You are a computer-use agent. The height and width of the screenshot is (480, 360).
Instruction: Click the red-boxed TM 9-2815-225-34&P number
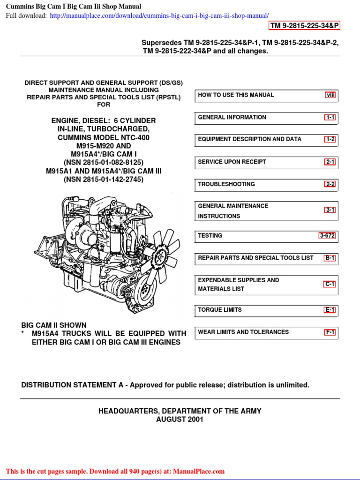pos(304,25)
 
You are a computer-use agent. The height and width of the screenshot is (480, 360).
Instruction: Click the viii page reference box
pos(331,95)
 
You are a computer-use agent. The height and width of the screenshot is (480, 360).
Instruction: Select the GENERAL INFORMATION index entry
pos(232,117)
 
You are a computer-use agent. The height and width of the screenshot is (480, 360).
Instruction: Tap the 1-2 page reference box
pos(330,139)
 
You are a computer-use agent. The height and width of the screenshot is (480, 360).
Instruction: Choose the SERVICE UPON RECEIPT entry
pos(232,162)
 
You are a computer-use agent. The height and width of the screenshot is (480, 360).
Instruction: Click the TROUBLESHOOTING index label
pos(226,184)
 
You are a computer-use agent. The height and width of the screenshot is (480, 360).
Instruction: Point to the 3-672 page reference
pos(327,236)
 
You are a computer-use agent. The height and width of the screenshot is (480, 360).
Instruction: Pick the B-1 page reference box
pos(330,258)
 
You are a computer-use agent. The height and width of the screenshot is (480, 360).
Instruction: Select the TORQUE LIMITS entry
pos(220,310)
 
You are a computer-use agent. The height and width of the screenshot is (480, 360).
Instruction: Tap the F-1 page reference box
pos(330,332)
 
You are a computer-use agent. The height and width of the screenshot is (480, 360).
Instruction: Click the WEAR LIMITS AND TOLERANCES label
pos(243,332)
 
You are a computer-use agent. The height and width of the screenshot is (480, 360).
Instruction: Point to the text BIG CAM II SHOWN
pos(54,325)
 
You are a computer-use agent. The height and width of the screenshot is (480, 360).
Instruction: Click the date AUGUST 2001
pos(180,420)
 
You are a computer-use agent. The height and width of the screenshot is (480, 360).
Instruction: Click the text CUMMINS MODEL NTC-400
pos(104,137)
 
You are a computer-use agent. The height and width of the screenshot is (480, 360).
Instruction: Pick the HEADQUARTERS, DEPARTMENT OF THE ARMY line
pos(180,411)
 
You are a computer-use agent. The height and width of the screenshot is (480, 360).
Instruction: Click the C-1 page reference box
pos(330,284)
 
